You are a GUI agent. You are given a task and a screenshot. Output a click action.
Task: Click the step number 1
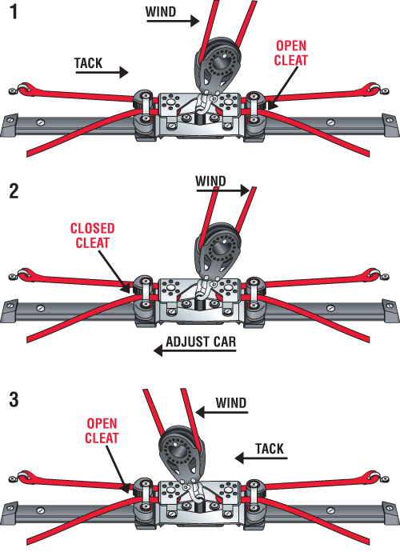point(14,11)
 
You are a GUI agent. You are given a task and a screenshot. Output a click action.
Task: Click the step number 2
point(14,191)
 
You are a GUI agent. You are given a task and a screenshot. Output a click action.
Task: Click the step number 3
point(14,399)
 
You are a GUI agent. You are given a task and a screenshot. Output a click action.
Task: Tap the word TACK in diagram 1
point(89,63)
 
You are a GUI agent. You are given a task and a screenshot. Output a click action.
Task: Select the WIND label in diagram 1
point(161,12)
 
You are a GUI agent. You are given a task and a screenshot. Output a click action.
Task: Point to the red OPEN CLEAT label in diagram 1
point(290,53)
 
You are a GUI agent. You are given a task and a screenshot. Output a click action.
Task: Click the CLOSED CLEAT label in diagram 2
point(92,236)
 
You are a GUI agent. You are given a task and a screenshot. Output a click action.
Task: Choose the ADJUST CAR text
point(201,342)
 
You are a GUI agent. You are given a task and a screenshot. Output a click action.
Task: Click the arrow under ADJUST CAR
point(194,351)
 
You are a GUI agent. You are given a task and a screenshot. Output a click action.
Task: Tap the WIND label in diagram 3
point(231,403)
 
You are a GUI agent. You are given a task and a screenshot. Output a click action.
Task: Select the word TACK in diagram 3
point(270,449)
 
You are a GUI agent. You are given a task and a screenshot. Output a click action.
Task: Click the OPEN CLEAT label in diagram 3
point(102,430)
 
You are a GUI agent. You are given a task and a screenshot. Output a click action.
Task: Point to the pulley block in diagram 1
point(217,66)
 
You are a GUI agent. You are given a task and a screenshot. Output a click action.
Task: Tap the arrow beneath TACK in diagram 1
point(102,73)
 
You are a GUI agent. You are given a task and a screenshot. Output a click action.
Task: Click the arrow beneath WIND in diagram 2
point(222,190)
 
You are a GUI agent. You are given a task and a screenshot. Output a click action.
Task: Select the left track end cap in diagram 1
point(9,126)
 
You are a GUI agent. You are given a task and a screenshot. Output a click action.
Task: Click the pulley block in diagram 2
point(217,252)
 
